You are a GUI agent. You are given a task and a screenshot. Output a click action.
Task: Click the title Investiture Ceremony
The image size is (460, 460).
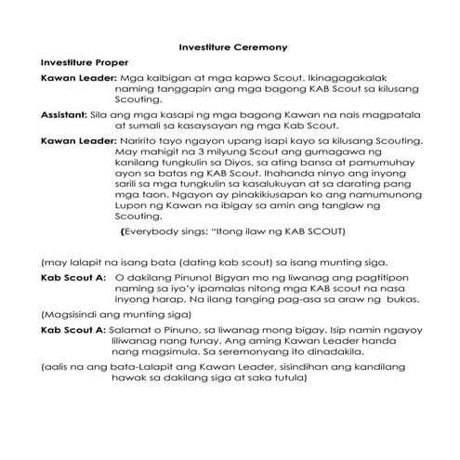click(232, 45)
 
